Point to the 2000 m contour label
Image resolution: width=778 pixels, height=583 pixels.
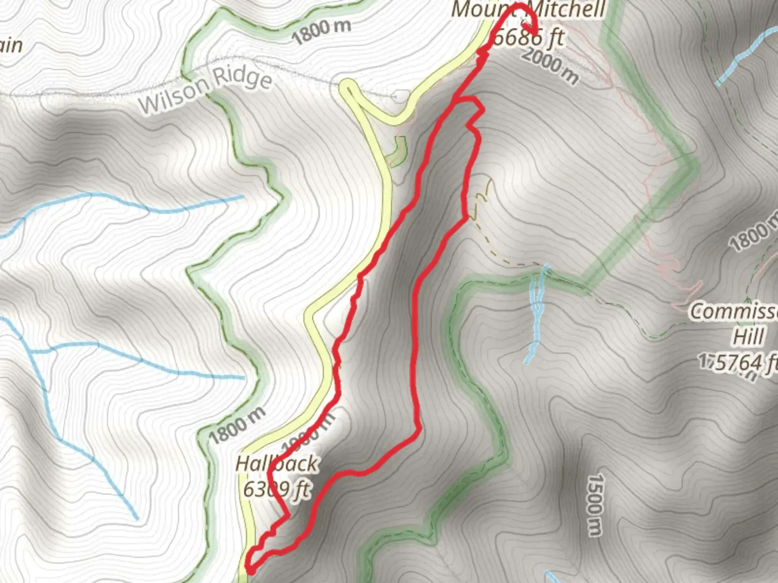(550, 65)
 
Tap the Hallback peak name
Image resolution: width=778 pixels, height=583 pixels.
(277, 464)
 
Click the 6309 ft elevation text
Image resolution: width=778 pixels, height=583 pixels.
(277, 490)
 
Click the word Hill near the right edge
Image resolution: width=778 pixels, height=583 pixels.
(748, 336)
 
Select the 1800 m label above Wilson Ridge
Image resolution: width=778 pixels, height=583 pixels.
(322, 31)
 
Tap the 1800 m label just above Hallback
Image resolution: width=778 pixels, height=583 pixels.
(237, 425)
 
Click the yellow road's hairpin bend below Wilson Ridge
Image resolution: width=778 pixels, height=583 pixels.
(348, 86)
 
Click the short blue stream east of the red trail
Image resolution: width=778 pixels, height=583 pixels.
(537, 313)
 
